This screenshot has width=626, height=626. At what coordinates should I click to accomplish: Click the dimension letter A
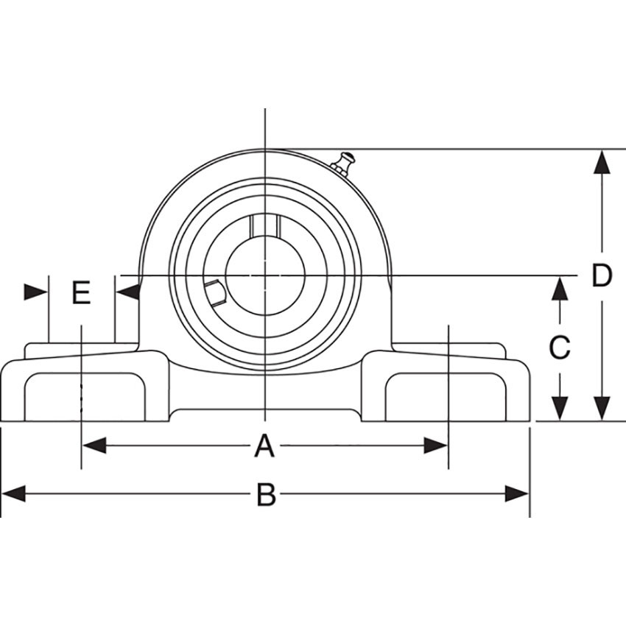264,446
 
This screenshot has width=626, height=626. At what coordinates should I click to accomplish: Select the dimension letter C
560,347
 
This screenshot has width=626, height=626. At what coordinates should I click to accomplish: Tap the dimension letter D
602,276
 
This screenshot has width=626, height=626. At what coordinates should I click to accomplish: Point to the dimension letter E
81,293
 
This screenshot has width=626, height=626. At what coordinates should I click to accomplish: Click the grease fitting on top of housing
343,163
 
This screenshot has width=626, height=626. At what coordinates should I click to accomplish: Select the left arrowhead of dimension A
94,446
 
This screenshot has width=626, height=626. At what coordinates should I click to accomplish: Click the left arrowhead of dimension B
13,493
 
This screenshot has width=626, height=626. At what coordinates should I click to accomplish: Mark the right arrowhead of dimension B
517,493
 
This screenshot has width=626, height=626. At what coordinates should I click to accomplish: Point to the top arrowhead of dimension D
602,162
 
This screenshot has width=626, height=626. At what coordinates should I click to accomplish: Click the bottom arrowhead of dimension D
602,408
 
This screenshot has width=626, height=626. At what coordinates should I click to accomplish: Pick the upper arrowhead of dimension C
560,288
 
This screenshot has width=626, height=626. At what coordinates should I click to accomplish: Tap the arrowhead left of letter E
35,292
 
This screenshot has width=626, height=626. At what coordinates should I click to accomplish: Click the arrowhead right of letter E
128,292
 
